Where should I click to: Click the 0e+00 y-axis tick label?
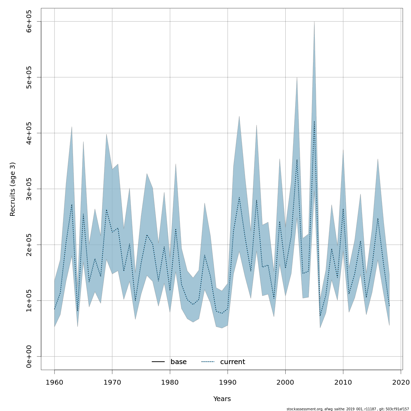pyautogui.click(x=29, y=357)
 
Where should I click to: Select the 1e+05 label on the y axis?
pyautogui.click(x=29, y=301)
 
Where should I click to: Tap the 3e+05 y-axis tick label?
pyautogui.click(x=29, y=189)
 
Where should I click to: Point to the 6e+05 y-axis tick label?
pyautogui.click(x=29, y=22)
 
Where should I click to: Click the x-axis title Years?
pyautogui.click(x=222, y=399)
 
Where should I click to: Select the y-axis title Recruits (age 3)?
pyautogui.click(x=13, y=189)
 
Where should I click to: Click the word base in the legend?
pyautogui.click(x=178, y=362)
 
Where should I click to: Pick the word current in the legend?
pyautogui.click(x=233, y=362)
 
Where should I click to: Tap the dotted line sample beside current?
pyautogui.click(x=208, y=362)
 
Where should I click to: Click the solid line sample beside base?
pyautogui.click(x=158, y=362)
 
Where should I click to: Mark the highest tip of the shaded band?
pyautogui.click(x=314, y=22)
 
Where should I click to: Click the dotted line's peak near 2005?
pyautogui.click(x=314, y=121)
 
